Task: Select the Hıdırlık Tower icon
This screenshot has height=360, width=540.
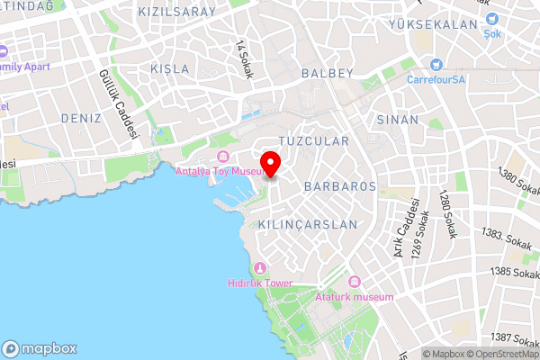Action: tap(260, 268)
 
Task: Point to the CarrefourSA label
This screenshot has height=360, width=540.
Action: tap(435, 78)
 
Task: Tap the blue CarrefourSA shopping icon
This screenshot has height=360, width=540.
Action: tap(436, 64)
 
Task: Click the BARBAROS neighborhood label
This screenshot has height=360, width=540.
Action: tap(339, 186)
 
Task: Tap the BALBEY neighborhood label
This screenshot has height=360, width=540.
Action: tap(328, 73)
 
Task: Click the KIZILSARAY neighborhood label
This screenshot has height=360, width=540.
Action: tap(177, 12)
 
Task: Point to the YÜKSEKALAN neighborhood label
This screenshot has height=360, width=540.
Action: tap(431, 24)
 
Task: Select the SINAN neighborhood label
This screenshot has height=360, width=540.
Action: tap(398, 119)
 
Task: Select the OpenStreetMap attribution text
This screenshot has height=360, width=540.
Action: tap(500, 354)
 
